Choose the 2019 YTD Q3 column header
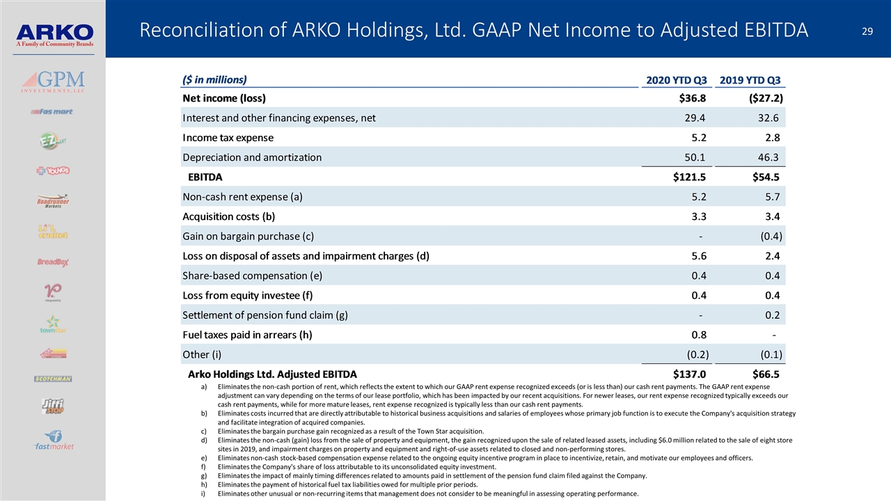tap(750, 79)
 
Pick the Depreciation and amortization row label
tap(252, 157)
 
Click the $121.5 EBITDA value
tap(689, 177)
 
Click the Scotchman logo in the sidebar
tap(53, 379)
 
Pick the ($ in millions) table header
tap(214, 79)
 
